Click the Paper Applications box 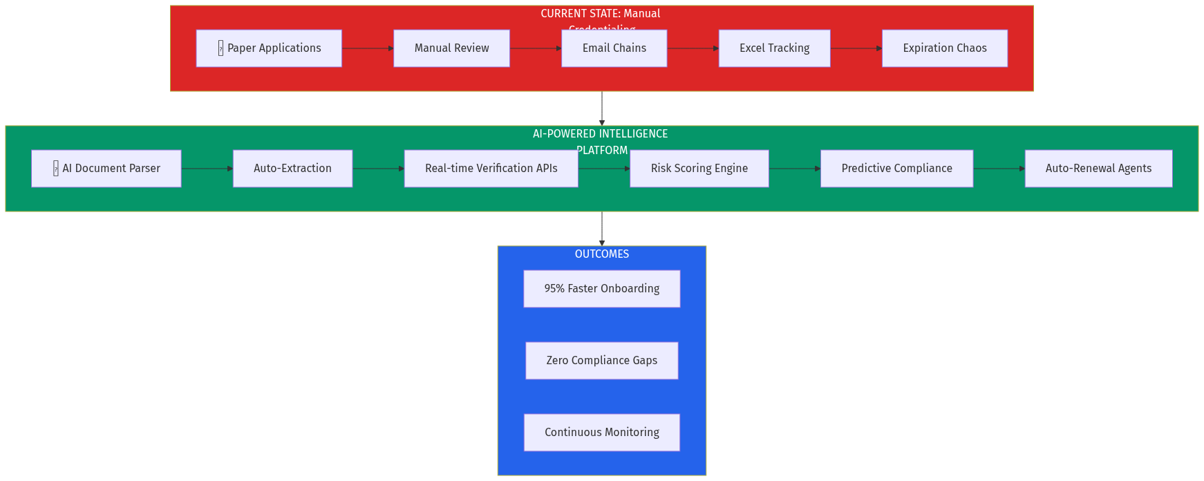click(x=269, y=48)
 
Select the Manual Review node click(x=451, y=48)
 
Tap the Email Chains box click(x=614, y=48)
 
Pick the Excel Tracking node click(x=774, y=48)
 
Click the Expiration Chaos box click(x=944, y=48)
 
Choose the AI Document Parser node click(x=106, y=169)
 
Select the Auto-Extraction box click(x=292, y=169)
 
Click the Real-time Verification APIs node click(x=491, y=169)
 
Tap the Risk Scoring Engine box click(x=699, y=169)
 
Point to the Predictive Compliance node click(x=896, y=169)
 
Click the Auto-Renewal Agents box click(x=1098, y=169)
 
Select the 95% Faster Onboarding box click(x=601, y=289)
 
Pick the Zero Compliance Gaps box click(x=601, y=361)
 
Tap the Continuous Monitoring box click(x=601, y=433)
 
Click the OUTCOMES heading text click(x=601, y=254)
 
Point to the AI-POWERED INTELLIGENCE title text click(x=600, y=134)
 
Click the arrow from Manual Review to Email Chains click(x=536, y=48)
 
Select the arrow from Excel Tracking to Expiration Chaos click(x=856, y=48)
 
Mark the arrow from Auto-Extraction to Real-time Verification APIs click(x=378, y=169)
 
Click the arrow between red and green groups click(x=602, y=109)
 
